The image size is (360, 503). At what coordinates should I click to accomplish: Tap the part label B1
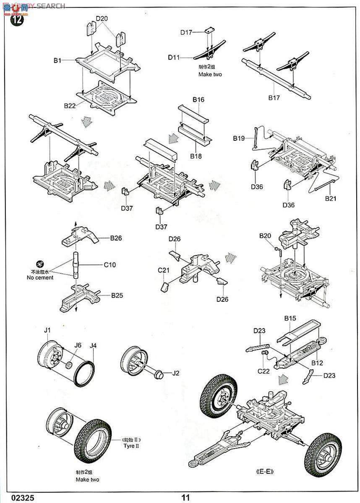coord(57,61)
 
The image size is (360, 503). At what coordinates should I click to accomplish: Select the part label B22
coord(70,106)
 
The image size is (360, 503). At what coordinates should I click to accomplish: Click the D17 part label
coord(186,32)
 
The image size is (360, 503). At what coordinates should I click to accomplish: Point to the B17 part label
coord(274,98)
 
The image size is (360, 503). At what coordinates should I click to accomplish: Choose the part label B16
coord(198,99)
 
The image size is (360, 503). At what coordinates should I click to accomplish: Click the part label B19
coord(239,138)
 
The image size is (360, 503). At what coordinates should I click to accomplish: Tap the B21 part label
coord(330,199)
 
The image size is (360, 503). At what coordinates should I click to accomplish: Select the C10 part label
coord(110,265)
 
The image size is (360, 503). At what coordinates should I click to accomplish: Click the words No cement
coord(40,277)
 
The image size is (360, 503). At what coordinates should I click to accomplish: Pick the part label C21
coord(164,270)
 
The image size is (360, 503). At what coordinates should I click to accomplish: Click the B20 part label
coord(265,236)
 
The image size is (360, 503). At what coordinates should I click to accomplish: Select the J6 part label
coord(78,345)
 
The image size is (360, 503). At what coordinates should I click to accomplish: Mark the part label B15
coord(290,319)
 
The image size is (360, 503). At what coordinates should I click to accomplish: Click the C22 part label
coord(263,371)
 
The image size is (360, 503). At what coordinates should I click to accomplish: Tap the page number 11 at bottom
coord(185,498)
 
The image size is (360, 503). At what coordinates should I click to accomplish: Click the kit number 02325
coord(18,498)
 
